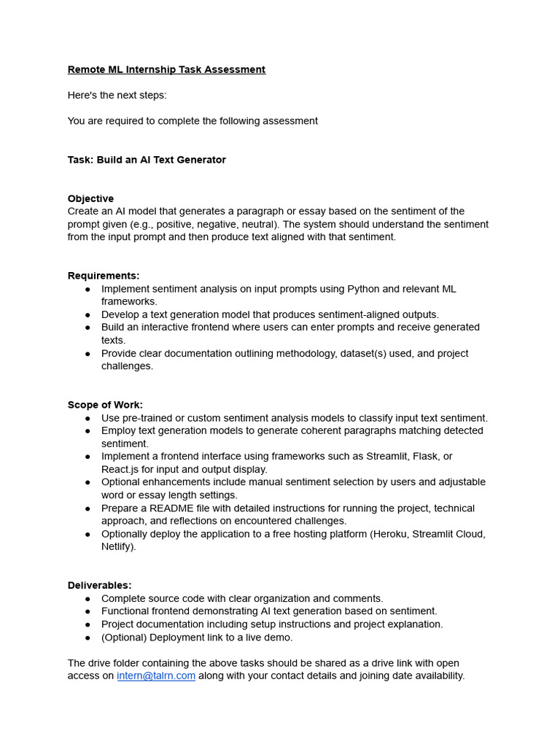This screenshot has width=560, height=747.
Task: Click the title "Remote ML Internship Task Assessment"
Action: [x=166, y=70]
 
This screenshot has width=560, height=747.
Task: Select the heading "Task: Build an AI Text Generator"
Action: [x=147, y=160]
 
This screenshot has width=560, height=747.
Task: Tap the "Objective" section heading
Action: [x=90, y=198]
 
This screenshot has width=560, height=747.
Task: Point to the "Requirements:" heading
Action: [x=104, y=276]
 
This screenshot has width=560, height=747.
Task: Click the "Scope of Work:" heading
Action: [x=105, y=405]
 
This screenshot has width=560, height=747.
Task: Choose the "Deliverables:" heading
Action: [x=100, y=585]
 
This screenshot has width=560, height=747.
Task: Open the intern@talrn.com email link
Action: [x=156, y=676]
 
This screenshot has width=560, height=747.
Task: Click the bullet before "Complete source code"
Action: [x=88, y=598]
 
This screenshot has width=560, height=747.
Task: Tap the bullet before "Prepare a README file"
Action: [x=88, y=508]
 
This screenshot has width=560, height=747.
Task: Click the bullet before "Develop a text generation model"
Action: [x=88, y=315]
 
